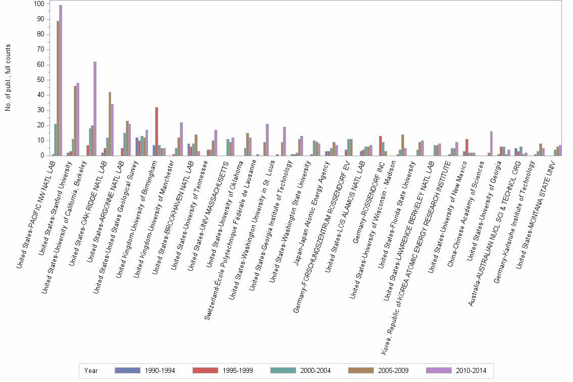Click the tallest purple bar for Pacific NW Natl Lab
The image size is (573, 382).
[x=61, y=81]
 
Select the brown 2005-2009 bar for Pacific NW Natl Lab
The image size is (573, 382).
[x=58, y=88]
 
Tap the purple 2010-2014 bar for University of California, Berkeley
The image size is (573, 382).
[x=95, y=109]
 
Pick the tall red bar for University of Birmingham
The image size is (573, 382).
[x=157, y=131]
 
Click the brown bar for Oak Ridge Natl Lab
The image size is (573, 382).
[x=110, y=124]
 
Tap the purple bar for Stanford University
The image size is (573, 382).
[x=78, y=119]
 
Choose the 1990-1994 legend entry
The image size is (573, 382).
[x=145, y=370]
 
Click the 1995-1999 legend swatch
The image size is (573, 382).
[x=206, y=370]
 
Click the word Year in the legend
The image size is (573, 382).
[x=91, y=370]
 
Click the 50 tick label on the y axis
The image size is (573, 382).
[x=39, y=80]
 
